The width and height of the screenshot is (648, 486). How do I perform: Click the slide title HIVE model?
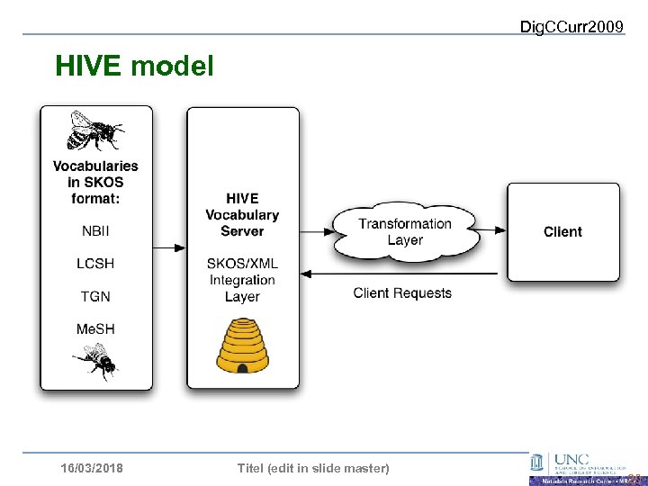(x=134, y=66)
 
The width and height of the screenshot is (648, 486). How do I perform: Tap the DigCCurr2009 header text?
(x=571, y=27)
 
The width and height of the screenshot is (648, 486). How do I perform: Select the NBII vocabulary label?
(x=95, y=231)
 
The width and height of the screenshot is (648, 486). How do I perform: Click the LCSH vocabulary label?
(x=95, y=264)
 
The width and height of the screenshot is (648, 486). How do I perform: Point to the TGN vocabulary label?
(x=95, y=296)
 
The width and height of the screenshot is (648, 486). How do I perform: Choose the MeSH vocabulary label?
(x=95, y=328)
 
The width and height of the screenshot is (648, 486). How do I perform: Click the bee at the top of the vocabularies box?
(x=95, y=131)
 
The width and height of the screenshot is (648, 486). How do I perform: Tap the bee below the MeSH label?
(x=95, y=362)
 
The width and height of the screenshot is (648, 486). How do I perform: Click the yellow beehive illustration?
(x=242, y=347)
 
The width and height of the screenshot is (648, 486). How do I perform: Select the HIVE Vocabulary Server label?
(x=242, y=214)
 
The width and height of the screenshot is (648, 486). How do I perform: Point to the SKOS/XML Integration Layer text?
(x=242, y=279)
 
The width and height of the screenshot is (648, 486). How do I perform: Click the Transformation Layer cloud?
(x=405, y=231)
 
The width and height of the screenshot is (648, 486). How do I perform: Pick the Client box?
(x=562, y=232)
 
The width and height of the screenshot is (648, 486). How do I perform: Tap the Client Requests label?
(x=402, y=292)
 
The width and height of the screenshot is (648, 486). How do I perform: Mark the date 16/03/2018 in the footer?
(x=92, y=468)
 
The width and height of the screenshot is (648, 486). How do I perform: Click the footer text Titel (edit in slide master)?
(x=312, y=468)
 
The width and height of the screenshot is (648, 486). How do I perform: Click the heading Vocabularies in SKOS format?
(x=95, y=182)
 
